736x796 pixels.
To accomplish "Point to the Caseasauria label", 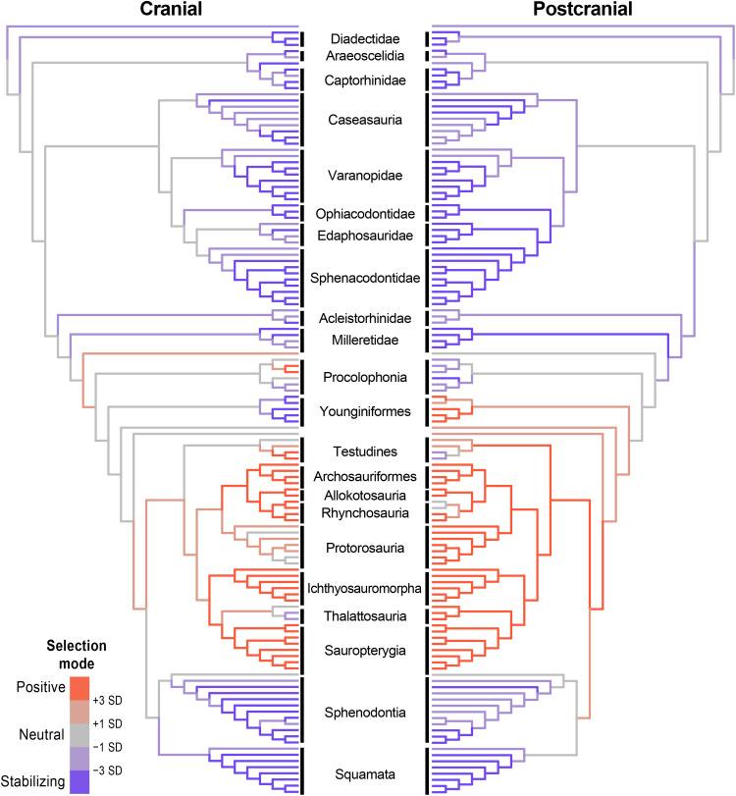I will [364, 120].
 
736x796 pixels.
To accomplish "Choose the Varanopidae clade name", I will [364, 176].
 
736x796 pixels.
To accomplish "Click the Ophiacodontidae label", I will [364, 213].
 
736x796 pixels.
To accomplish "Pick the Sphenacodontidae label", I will [364, 278].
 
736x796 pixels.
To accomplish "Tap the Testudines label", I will [364, 451].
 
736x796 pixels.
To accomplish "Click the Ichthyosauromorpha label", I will [364, 589].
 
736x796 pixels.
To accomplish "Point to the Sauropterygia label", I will [364, 650].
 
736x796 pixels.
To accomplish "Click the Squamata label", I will [364, 774].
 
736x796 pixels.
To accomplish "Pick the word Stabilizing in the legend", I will [33, 781].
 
